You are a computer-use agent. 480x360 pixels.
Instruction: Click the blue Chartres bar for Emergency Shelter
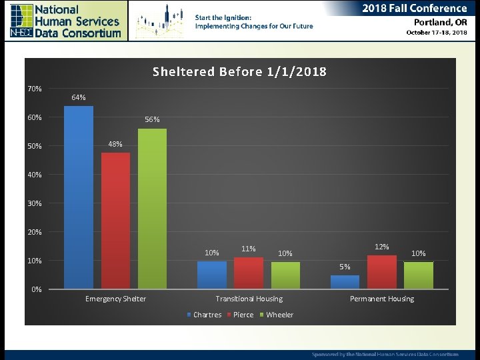[79, 197]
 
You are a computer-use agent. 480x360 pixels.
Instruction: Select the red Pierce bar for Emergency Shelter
[115, 221]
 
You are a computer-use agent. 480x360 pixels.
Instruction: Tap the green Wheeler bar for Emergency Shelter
[152, 209]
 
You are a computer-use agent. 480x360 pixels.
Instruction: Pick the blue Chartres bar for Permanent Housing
[345, 282]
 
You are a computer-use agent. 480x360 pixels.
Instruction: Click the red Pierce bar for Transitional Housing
[248, 273]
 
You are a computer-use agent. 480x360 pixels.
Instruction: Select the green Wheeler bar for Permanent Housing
[418, 275]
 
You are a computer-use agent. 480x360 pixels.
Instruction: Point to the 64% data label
[79, 97]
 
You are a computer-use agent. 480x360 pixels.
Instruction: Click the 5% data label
[345, 267]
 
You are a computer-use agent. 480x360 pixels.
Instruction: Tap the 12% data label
[382, 247]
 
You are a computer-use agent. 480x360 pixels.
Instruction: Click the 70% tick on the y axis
[35, 89]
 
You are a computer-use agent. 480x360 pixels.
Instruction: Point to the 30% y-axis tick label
[35, 203]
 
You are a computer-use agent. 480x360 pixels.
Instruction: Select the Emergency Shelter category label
[115, 299]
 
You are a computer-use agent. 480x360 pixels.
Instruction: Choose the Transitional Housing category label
[249, 299]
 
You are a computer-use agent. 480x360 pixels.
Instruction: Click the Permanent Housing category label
[382, 299]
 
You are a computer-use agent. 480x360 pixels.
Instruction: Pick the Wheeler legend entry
[276, 315]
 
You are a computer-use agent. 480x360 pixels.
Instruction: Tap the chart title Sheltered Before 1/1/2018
[239, 71]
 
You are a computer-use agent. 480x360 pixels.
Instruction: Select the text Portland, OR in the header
[437, 21]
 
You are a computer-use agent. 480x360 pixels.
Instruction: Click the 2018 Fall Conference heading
[415, 8]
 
